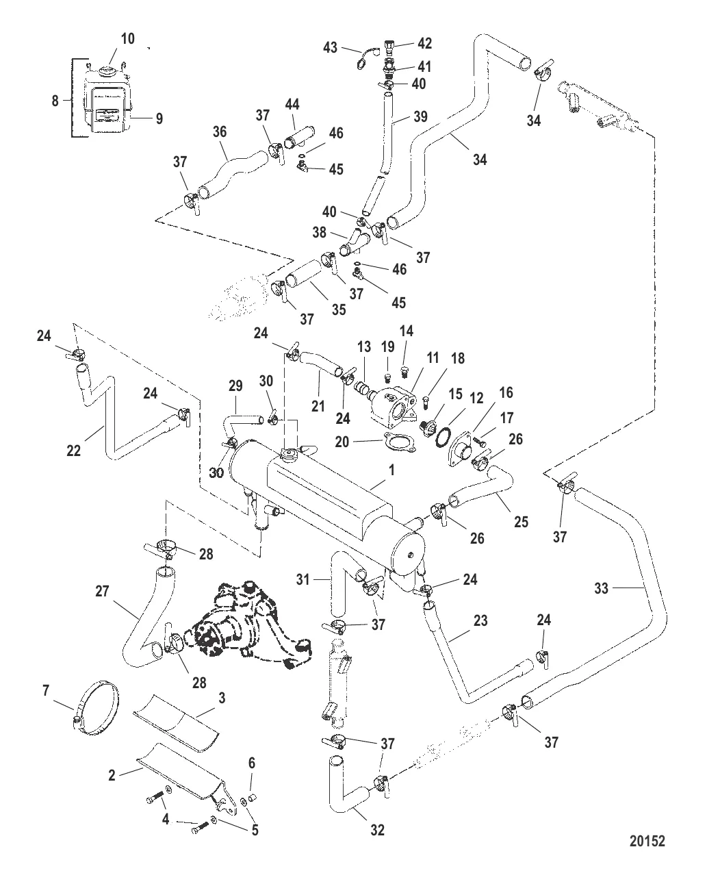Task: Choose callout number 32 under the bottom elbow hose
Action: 377,830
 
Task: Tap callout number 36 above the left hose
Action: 220,132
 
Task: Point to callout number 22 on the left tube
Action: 74,450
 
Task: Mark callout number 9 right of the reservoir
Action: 159,118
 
